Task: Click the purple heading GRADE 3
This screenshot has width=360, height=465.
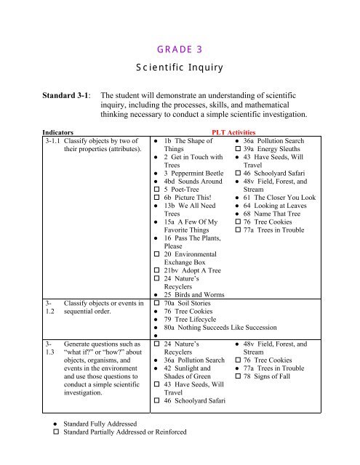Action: point(179,49)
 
